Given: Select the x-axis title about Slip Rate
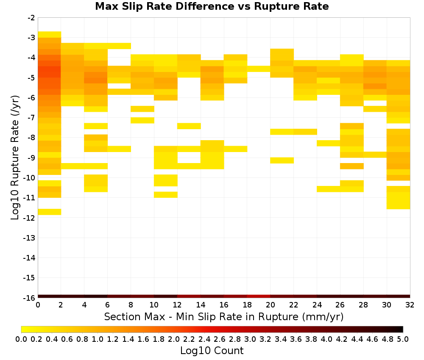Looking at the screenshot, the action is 223,316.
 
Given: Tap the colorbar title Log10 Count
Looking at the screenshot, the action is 212,351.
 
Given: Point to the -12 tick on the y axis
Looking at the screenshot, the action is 29,218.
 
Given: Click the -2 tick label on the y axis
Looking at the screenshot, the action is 31,18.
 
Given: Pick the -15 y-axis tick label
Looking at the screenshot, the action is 29,278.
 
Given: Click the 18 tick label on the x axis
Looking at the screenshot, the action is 247,305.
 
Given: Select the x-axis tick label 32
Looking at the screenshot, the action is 410,305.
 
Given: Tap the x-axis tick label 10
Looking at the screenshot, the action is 154,305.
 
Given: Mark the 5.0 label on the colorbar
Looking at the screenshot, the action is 403,339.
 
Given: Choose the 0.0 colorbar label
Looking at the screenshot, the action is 21,339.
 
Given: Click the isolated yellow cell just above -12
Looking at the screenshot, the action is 50,212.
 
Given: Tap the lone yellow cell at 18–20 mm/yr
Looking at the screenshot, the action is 259,69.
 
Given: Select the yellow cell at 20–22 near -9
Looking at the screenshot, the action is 282,161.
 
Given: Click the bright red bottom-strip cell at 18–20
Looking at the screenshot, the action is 259,296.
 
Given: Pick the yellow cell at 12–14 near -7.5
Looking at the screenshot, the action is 189,126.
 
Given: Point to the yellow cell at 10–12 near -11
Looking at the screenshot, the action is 166,195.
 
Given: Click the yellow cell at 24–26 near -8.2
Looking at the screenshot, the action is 329,143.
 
